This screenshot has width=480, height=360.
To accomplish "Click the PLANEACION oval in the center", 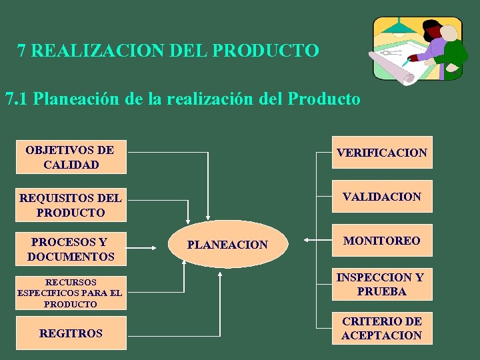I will [x=227, y=245].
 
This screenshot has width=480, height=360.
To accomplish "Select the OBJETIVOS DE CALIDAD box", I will [x=71, y=157].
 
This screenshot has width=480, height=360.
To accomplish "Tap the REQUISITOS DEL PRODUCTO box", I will [x=71, y=205].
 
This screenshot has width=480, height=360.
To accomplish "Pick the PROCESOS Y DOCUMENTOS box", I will [x=71, y=249].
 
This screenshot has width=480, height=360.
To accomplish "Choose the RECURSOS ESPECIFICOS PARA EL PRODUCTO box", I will [x=71, y=293].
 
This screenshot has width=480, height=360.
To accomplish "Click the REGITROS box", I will [x=71, y=333].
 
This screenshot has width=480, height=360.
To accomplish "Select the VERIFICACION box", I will [x=381, y=153].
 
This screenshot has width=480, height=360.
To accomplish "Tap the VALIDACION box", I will [x=381, y=197].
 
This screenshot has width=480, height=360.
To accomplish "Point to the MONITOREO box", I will [x=381, y=241].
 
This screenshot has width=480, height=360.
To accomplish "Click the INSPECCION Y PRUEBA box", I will [x=381, y=284].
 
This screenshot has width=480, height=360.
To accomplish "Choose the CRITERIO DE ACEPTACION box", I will [x=381, y=328].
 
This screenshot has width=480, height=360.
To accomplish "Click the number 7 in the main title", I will [x=22, y=51].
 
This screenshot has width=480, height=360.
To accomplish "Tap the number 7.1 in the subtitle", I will [x=17, y=100].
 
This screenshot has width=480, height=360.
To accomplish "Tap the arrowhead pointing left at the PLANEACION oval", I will [x=305, y=239].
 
